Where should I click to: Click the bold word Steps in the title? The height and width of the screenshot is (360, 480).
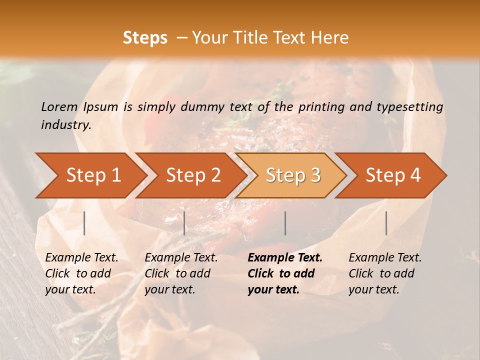[x=145, y=38]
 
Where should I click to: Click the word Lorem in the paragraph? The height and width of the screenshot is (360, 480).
[x=59, y=106]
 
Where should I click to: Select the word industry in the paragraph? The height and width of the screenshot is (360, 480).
[x=65, y=125]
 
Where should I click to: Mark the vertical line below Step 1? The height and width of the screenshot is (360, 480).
[x=84, y=223]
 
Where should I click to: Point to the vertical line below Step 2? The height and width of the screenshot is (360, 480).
[x=184, y=223]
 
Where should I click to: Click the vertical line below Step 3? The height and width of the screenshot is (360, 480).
[x=285, y=223]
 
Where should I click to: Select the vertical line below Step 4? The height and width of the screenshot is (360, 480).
[x=386, y=223]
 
